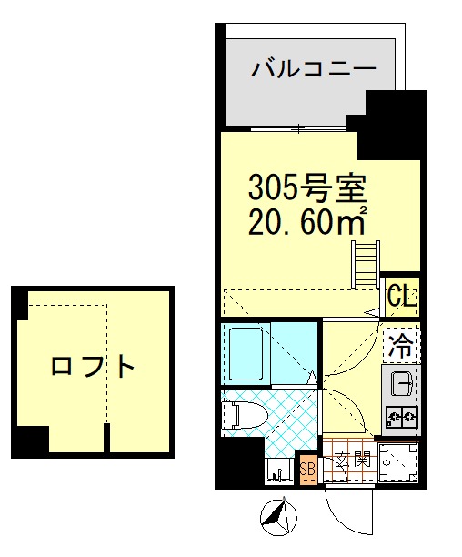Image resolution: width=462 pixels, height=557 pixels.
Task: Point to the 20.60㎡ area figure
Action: [307, 221]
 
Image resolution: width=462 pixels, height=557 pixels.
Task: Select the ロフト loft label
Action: [93, 367]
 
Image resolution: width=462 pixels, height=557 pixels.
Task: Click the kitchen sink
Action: [401, 384]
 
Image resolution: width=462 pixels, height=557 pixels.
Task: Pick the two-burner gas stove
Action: [401, 418]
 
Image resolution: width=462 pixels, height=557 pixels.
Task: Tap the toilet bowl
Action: [241, 414]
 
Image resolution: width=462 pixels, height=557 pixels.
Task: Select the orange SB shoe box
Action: [306, 470]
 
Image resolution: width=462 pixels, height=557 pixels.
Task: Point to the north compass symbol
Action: [277, 517]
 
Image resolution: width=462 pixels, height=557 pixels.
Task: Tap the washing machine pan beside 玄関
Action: [397, 462]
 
